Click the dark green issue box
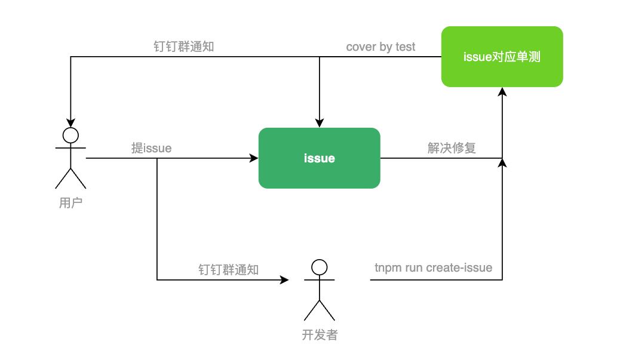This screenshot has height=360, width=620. (x=319, y=158)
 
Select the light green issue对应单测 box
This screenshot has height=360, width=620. (x=502, y=57)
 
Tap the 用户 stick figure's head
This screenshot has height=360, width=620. (x=71, y=135)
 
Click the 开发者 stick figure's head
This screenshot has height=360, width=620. (x=320, y=267)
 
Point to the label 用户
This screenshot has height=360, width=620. (x=70, y=203)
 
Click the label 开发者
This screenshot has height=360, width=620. (x=320, y=335)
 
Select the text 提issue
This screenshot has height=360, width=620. (x=151, y=148)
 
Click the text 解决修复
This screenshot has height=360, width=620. (x=452, y=148)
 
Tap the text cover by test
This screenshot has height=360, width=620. (x=380, y=47)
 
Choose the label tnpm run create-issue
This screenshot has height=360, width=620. (x=433, y=267)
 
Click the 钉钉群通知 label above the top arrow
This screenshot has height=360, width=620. (x=183, y=47)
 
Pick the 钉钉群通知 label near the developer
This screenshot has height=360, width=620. (x=228, y=270)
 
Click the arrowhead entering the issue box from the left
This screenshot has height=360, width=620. (x=254, y=158)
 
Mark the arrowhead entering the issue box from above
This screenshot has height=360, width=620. (x=320, y=123)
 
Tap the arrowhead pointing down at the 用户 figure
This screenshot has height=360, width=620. (x=71, y=122)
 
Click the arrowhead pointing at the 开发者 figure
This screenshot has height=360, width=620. (x=284, y=279)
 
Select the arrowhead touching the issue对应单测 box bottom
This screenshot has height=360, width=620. (x=502, y=91)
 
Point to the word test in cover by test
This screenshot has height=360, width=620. (x=405, y=47)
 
